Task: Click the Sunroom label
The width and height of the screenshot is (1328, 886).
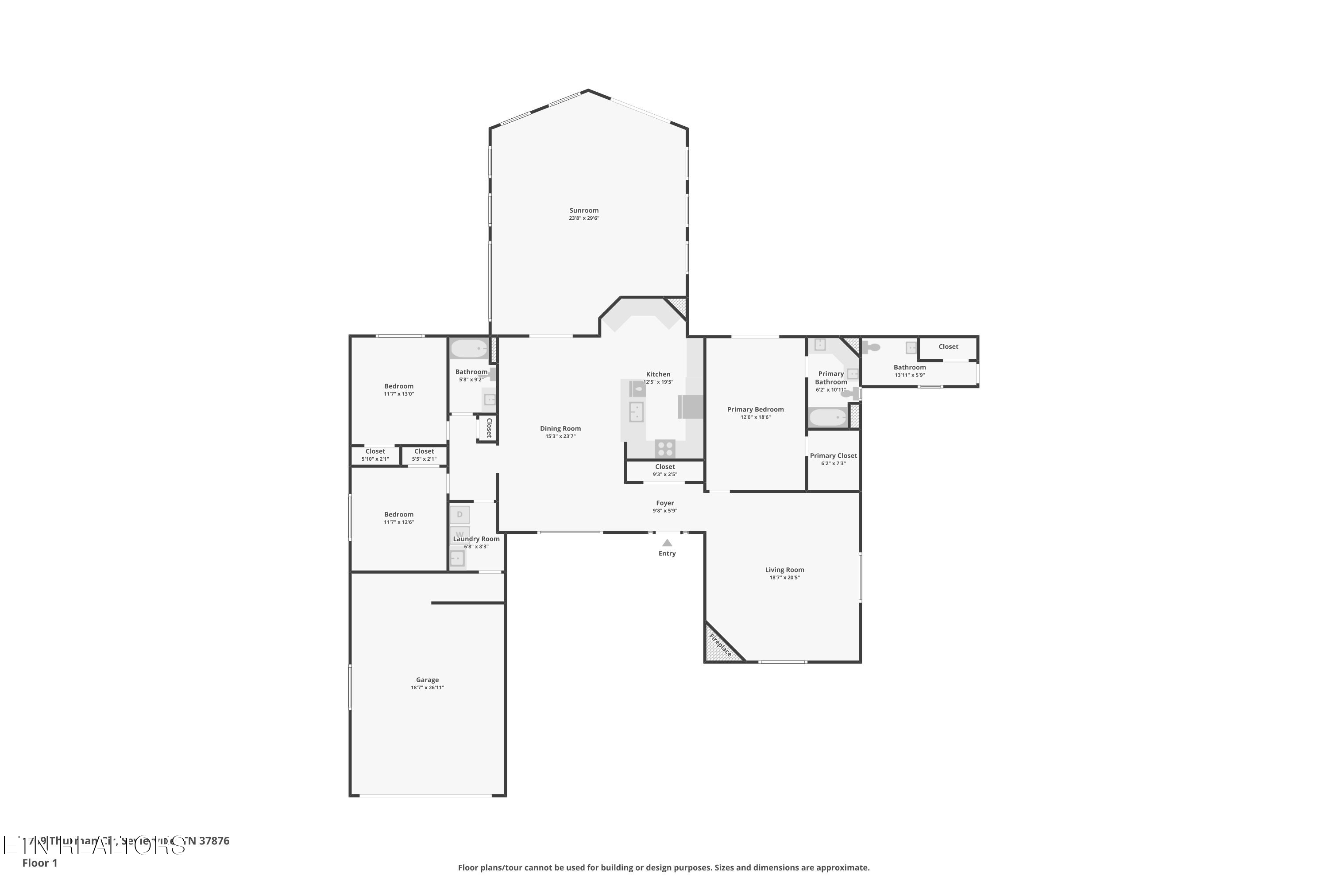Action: (x=584, y=210)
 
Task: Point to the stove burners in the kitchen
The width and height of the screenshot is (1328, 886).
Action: (x=665, y=449)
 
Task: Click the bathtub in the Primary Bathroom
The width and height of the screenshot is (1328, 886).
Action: (x=828, y=418)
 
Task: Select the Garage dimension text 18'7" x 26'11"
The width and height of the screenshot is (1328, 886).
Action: (x=428, y=688)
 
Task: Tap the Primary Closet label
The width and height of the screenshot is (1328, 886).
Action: (x=834, y=455)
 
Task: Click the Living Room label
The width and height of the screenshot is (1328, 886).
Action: (x=784, y=570)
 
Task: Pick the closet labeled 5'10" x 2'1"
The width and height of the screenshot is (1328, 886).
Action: (x=375, y=455)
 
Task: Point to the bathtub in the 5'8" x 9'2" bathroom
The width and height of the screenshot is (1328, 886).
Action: (x=469, y=349)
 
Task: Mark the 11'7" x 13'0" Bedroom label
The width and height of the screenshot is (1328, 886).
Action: (x=399, y=386)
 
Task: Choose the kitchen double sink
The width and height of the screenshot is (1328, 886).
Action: (x=637, y=412)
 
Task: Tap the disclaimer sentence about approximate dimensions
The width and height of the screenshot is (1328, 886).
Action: (x=664, y=867)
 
